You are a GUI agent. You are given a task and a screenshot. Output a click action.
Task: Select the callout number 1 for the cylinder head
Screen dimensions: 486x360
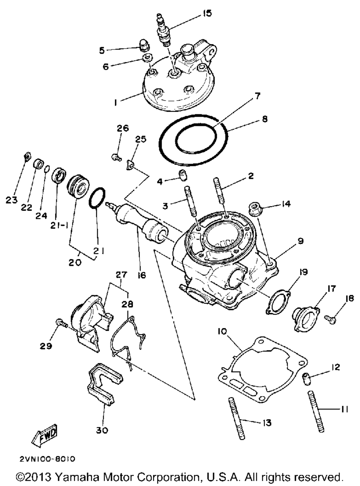click(x=115, y=103)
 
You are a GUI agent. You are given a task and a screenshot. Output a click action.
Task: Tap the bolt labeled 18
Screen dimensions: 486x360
click(x=331, y=318)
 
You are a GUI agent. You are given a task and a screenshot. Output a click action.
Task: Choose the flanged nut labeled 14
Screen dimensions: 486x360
click(x=255, y=209)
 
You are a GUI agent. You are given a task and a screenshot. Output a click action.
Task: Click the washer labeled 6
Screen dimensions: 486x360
click(x=148, y=58)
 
